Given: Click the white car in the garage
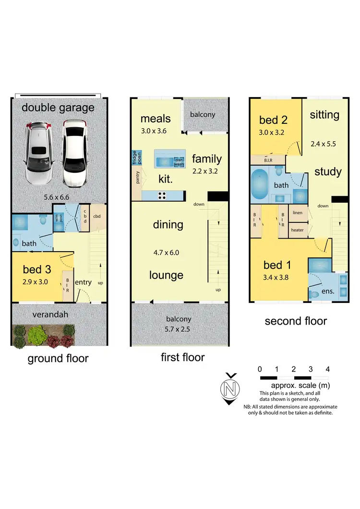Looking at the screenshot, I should click(x=76, y=153).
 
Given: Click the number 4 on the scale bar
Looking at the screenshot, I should click(x=327, y=369).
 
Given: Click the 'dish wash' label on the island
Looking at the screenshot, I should click(x=179, y=162).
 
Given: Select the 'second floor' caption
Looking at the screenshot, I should click(x=296, y=321).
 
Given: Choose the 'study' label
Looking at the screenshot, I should click(x=328, y=172).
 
